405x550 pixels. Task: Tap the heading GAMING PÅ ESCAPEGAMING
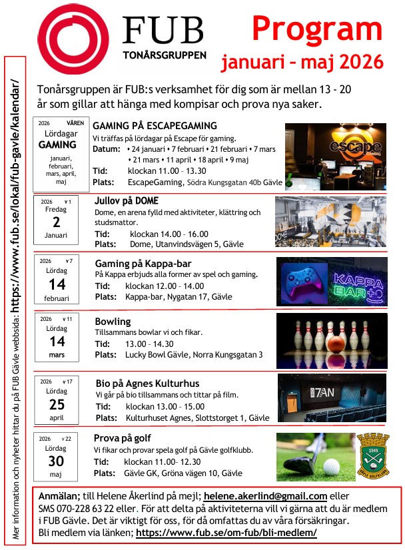(155, 125)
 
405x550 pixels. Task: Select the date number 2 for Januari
(57, 222)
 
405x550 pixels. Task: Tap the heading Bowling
(113, 321)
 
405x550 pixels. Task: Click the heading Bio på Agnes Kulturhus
(147, 384)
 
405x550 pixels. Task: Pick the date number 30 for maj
(57, 461)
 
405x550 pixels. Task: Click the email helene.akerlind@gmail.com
(265, 496)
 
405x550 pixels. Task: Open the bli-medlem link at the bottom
(226, 533)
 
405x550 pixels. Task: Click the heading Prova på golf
(123, 438)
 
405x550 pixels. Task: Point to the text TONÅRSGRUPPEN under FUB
(164, 55)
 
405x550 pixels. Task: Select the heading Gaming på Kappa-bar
(143, 263)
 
